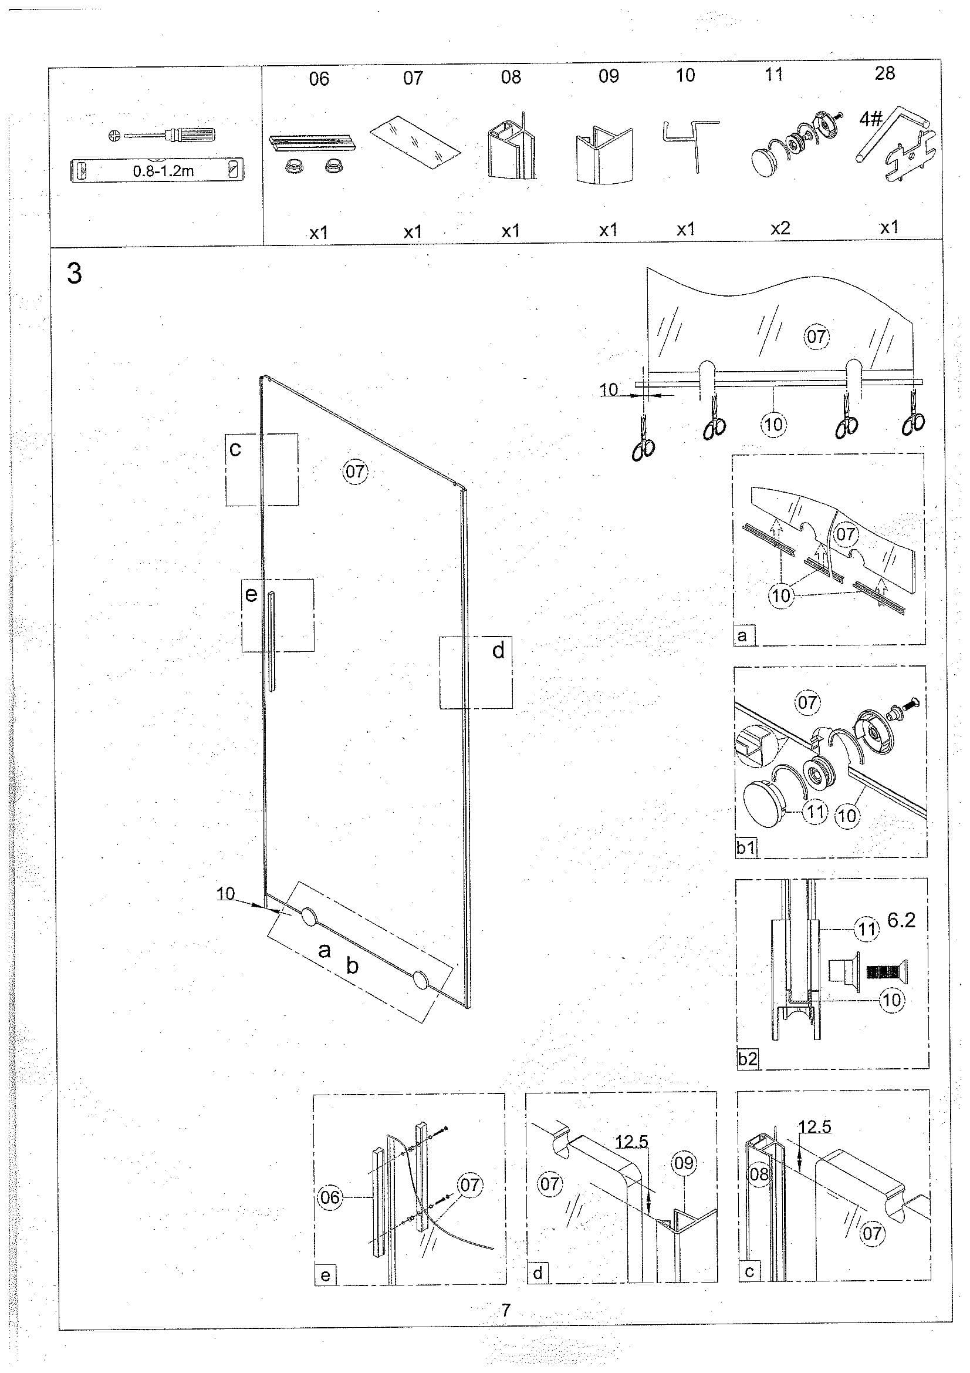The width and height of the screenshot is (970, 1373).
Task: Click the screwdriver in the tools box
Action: tap(161, 135)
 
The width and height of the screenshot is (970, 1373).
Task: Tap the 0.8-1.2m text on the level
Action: tap(163, 171)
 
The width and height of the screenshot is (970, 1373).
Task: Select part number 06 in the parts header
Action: tap(319, 79)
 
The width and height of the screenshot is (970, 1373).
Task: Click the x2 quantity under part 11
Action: tap(780, 228)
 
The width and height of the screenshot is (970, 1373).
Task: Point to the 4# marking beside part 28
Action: tap(871, 119)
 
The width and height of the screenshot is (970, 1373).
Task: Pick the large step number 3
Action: tap(75, 274)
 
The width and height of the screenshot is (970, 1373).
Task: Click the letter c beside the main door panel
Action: tap(235, 449)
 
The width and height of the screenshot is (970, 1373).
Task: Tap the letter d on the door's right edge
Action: tap(498, 650)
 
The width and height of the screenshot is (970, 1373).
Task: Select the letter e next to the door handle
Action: tap(251, 595)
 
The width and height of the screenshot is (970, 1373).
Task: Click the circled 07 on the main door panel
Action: tap(355, 472)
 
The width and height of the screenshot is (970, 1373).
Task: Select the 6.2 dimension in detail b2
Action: tap(901, 921)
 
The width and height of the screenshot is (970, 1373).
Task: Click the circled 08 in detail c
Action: tap(759, 1174)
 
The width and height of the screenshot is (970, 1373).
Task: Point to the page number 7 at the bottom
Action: tap(506, 1310)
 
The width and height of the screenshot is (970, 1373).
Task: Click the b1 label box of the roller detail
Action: tap(746, 849)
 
